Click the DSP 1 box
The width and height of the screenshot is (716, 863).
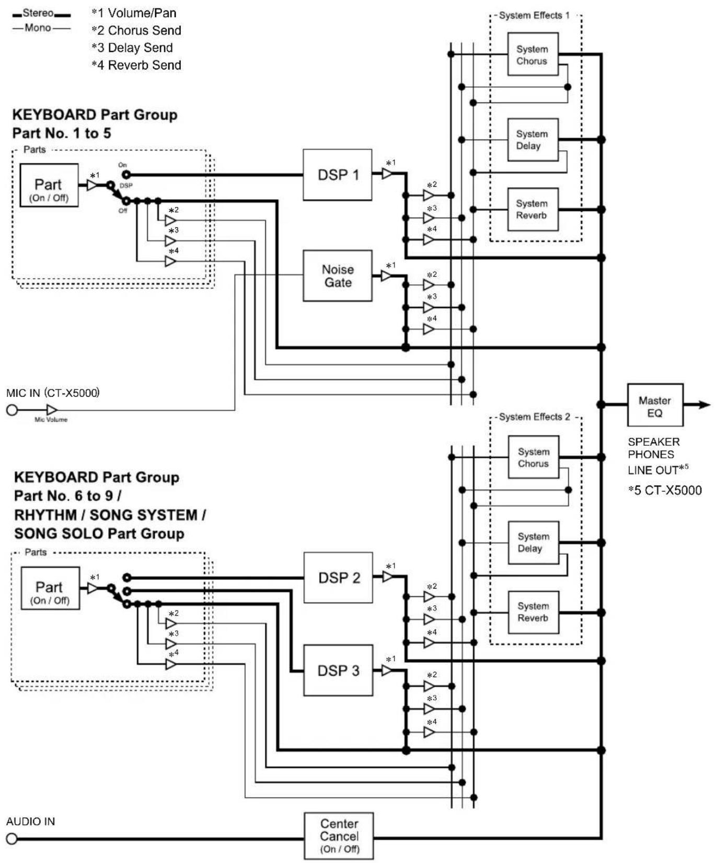pos(338,175)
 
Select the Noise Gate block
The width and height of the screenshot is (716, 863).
pos(338,276)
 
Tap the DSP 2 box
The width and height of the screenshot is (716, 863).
pos(338,578)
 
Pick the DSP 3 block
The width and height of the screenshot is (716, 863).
pos(338,671)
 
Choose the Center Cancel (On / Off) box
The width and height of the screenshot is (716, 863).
pos(339,836)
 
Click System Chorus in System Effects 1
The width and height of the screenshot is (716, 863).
pos(533,54)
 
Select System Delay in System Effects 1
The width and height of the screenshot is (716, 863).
pos(533,140)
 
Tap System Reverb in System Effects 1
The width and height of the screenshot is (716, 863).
pos(533,209)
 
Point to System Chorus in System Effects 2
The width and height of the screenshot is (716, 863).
pos(534,457)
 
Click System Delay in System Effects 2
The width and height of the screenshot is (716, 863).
pos(534,543)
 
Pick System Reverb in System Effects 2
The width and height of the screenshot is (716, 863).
pos(534,612)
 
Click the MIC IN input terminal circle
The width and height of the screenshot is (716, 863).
pos(12,410)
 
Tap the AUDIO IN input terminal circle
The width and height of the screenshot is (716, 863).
pos(12,839)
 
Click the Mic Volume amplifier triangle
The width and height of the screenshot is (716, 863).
pos(52,410)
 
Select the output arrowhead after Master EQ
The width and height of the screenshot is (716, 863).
pos(705,405)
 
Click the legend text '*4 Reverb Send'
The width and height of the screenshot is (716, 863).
pos(136,65)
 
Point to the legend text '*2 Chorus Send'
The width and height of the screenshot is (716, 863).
pos(136,30)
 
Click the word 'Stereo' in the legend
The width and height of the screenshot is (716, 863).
pos(38,13)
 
